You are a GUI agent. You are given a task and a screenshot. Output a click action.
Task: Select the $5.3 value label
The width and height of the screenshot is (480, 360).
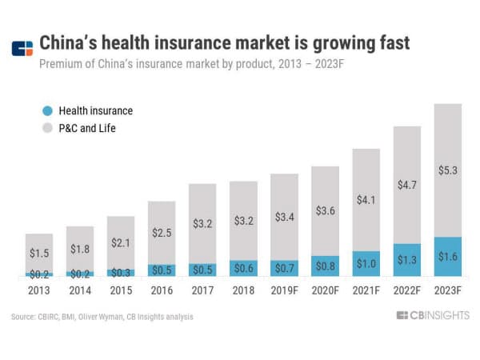448,170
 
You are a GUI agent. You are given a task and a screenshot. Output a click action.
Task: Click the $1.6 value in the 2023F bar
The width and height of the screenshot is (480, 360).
448,258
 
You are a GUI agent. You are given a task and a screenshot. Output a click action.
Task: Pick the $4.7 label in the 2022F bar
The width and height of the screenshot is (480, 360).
407,186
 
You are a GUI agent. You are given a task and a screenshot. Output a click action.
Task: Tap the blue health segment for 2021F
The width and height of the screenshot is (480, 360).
366,264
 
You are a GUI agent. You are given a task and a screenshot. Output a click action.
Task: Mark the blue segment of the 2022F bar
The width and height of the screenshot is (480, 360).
407,261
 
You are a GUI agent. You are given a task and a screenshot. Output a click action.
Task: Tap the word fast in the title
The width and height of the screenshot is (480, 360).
390,42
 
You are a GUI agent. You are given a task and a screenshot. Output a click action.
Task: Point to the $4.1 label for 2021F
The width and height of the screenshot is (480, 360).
366,201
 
